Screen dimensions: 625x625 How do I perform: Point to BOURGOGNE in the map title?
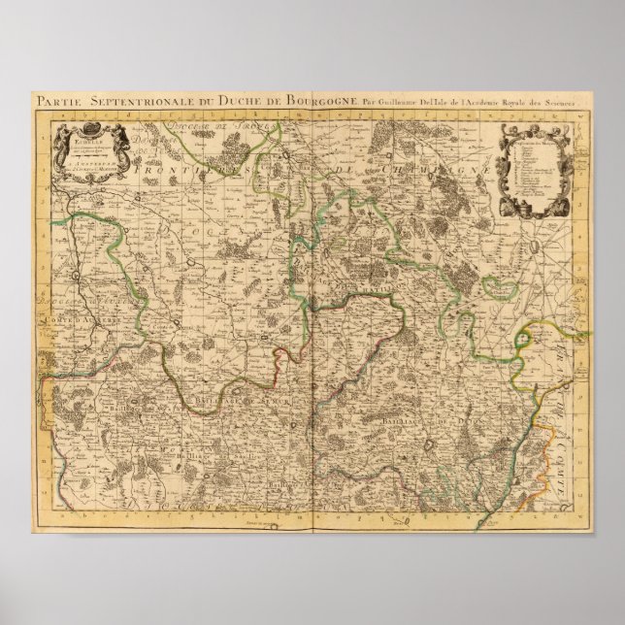click(291, 101)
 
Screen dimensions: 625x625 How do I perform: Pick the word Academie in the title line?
click(476, 101)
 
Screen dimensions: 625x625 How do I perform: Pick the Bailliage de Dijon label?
click(438, 418)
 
